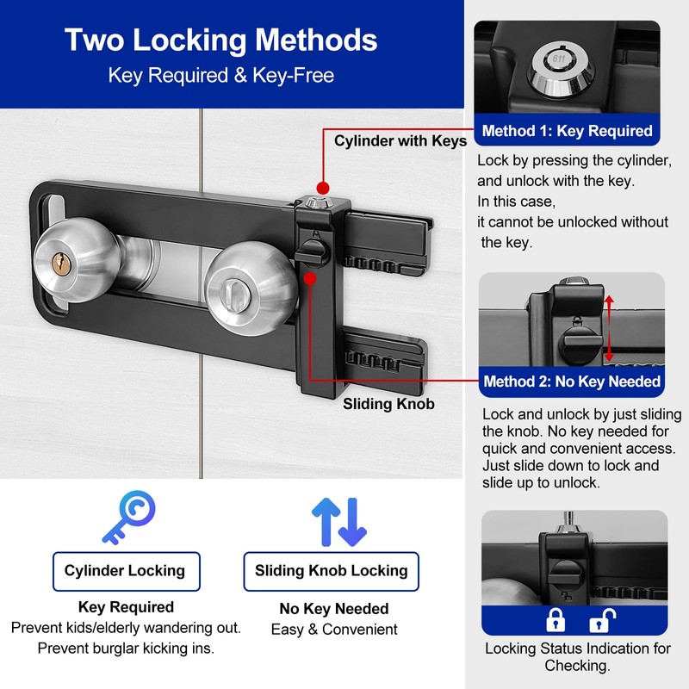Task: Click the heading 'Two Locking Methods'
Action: pos(221,40)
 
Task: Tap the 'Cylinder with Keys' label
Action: pos(400,141)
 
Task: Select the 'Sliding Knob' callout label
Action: pos(388,404)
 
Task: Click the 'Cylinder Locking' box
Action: pos(126,571)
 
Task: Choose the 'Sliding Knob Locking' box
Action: pos(332,571)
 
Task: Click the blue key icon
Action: pos(129,518)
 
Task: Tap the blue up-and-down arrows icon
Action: pos(339,522)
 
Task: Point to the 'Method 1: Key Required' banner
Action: pos(567,131)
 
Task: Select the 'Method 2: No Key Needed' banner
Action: pos(571,382)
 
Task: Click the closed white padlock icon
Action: pos(556,620)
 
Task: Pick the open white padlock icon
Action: pos(601,620)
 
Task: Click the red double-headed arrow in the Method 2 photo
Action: pos(609,328)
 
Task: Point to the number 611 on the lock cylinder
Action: pos(558,59)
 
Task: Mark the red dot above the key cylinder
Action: pos(323,188)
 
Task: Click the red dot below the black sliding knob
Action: pos(310,278)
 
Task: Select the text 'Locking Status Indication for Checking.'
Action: pos(577,657)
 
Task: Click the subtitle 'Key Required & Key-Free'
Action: pos(221,75)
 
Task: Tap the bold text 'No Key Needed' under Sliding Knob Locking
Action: pos(334,609)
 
